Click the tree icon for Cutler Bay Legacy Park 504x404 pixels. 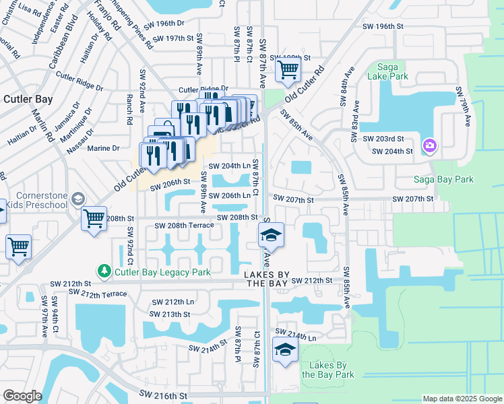[x=104, y=271]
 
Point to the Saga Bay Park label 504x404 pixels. [x=444, y=180]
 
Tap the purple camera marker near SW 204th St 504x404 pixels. [x=429, y=145]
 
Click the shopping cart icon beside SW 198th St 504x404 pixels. [x=288, y=69]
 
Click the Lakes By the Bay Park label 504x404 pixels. [x=327, y=370]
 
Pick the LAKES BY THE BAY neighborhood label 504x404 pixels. [x=267, y=279]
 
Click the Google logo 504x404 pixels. [x=22, y=395]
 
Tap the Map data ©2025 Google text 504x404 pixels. [x=462, y=399]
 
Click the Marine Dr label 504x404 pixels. [x=104, y=148]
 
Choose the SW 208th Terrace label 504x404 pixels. [x=184, y=226]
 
